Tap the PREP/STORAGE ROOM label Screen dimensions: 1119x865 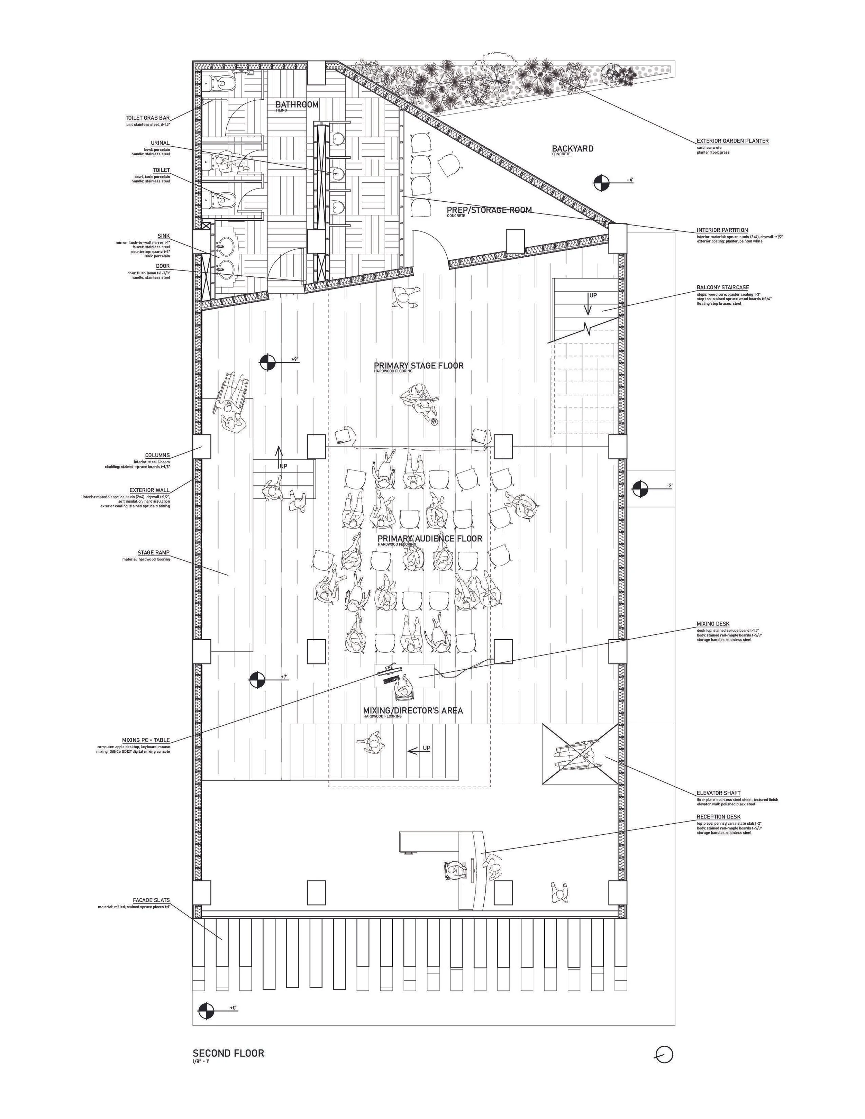click(x=489, y=210)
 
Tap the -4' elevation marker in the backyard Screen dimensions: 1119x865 click(x=602, y=183)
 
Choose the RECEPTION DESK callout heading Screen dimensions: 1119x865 click(x=718, y=817)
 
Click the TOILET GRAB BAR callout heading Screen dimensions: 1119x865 click(x=148, y=118)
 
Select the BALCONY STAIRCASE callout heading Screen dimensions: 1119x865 click(x=722, y=288)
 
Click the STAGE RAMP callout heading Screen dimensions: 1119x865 click(x=153, y=553)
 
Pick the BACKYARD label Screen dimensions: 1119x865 click(x=572, y=149)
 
